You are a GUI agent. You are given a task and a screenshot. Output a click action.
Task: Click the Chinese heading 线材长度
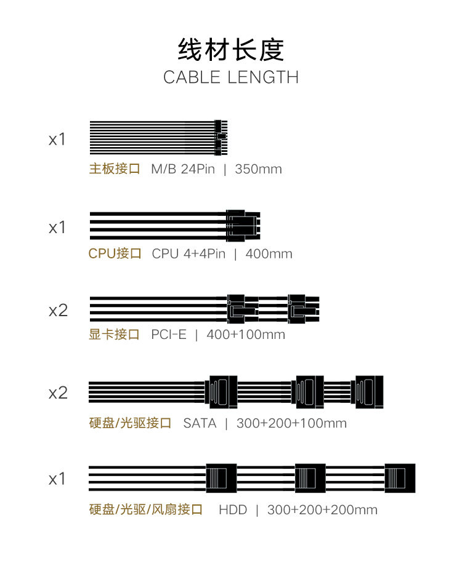(231, 49)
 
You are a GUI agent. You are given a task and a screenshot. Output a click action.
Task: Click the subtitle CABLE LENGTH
(231, 78)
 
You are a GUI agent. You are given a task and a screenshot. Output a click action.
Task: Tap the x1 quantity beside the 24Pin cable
(57, 140)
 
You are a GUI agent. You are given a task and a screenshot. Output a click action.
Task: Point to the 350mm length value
(258, 169)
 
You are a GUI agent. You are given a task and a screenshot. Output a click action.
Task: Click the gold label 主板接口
(115, 169)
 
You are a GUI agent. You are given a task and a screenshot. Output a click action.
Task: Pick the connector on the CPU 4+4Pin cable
(243, 225)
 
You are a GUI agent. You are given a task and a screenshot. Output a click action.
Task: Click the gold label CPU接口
(115, 253)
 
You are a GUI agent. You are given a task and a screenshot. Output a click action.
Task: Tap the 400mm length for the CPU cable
(269, 253)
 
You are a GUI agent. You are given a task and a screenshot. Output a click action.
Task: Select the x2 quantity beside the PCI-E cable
(58, 311)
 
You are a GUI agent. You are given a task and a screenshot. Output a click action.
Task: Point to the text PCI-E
(168, 335)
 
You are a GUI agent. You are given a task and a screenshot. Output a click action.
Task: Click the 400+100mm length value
(246, 335)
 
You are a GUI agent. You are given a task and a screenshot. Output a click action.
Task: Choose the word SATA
(200, 423)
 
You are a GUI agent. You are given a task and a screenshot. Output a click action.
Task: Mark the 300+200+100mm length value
(291, 423)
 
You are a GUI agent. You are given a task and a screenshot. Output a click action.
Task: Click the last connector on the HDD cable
(399, 478)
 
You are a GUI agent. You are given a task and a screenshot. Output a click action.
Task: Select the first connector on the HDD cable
(221, 478)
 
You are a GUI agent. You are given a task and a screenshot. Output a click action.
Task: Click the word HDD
(233, 510)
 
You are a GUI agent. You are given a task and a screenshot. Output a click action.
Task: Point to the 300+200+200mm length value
(322, 510)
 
